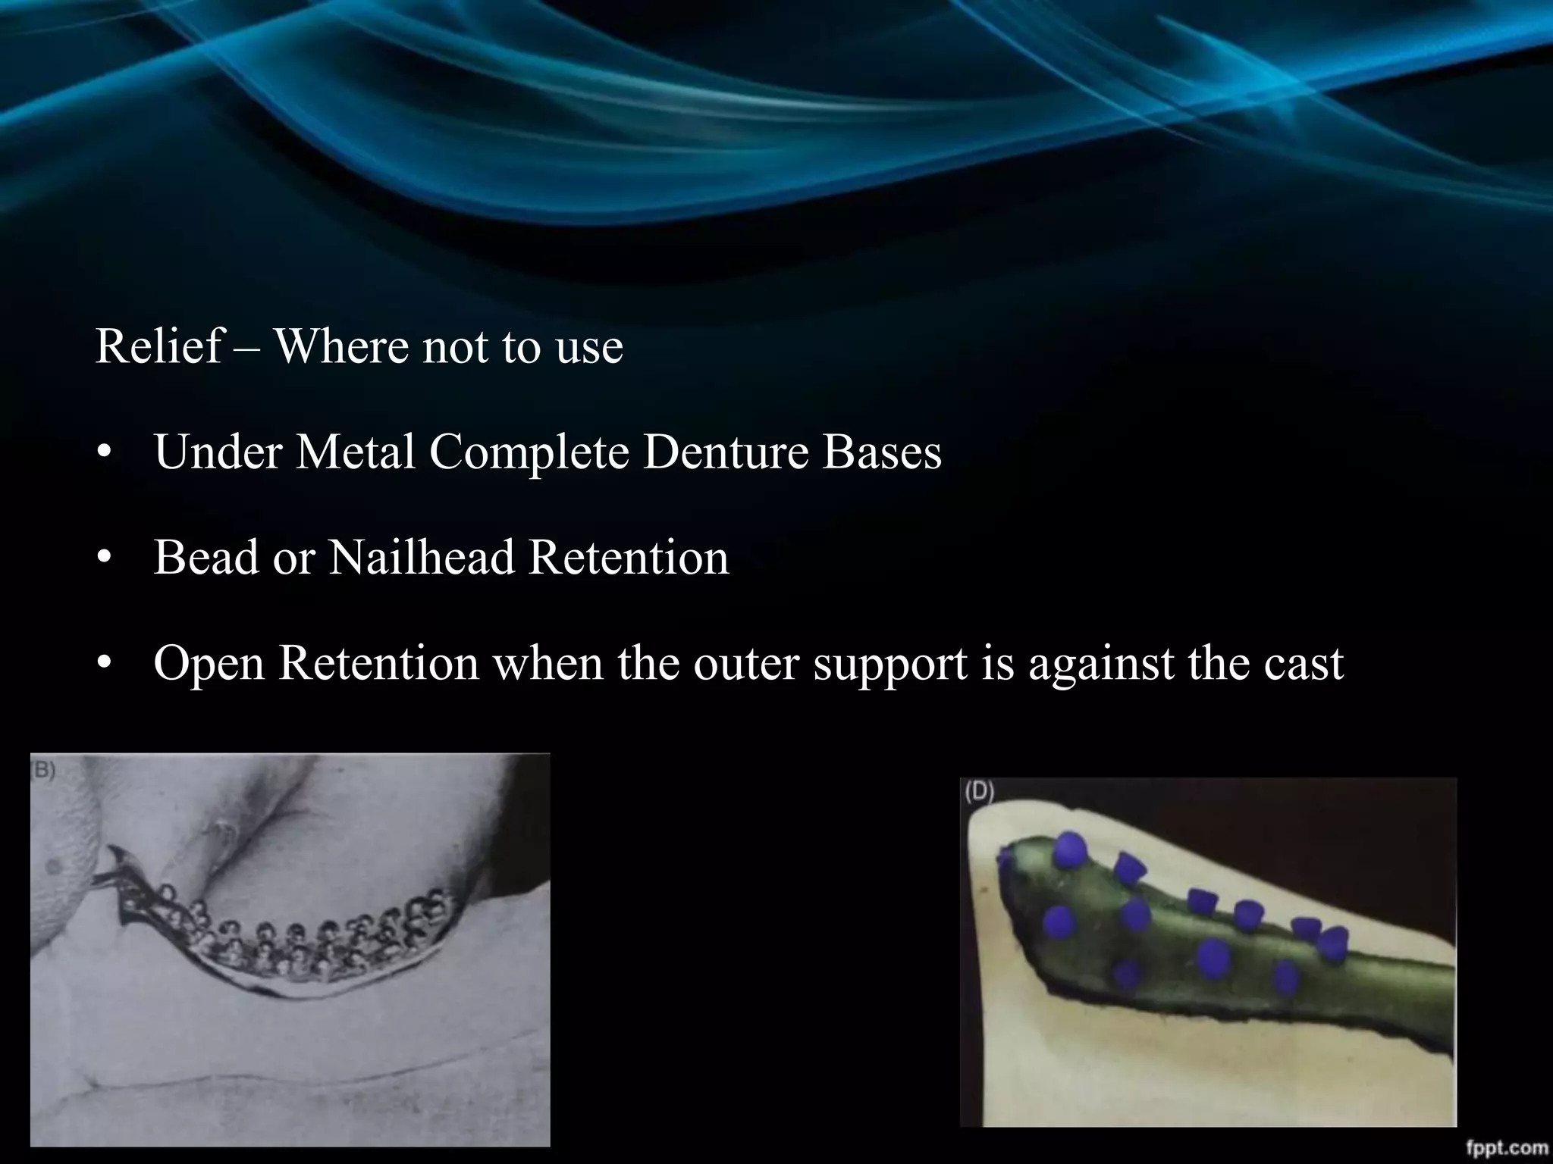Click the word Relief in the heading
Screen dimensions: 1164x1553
[158, 347]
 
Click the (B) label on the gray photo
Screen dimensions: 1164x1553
[43, 771]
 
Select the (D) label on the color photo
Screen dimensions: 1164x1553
[978, 792]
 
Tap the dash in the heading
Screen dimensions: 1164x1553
[247, 349]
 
